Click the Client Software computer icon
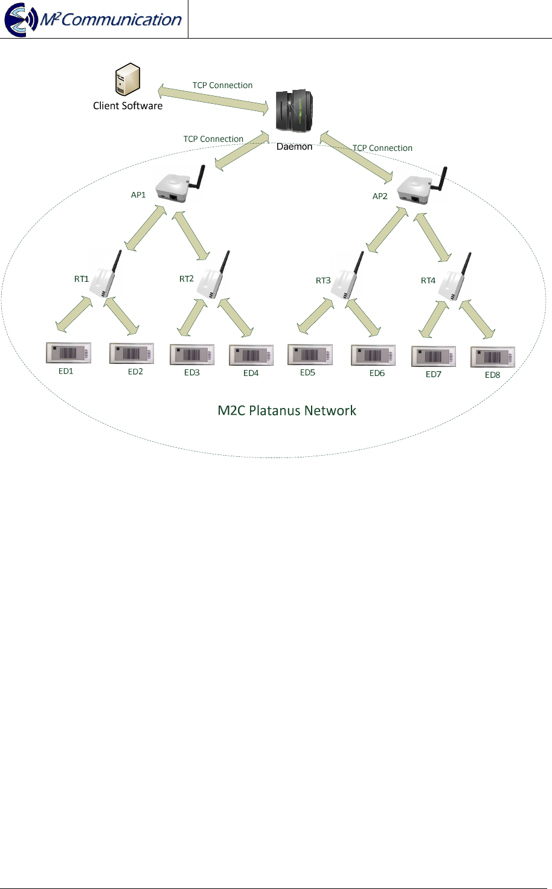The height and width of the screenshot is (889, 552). coord(127,80)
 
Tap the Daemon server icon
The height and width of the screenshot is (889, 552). coord(294,110)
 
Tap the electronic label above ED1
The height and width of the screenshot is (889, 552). coord(68,353)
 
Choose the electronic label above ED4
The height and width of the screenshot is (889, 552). coord(251,355)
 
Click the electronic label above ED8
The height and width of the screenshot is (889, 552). coord(493,357)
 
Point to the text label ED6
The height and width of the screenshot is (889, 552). coord(377,373)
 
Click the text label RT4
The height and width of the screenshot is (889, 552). coord(428,281)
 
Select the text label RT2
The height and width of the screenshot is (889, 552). coord(186,279)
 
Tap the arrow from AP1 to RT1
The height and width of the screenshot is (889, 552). coord(145,228)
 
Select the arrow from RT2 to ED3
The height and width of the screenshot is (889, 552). coord(192,317)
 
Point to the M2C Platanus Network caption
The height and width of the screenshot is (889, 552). coord(287,411)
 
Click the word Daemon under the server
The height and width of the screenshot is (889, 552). coord(294,147)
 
